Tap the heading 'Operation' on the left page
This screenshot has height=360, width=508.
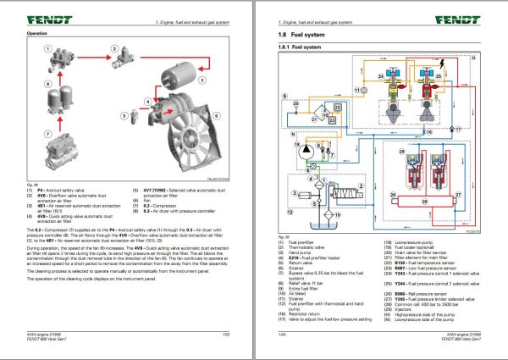[x=36, y=33]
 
